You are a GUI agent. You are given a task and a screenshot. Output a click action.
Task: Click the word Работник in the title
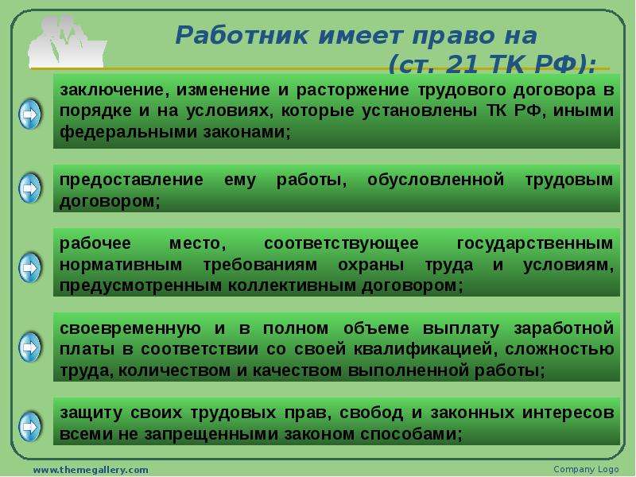(x=242, y=36)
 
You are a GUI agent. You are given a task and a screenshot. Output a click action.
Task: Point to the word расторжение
(x=352, y=90)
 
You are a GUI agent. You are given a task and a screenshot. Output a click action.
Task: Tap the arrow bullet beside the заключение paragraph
(x=30, y=114)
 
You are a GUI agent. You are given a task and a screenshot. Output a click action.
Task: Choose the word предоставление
(x=131, y=180)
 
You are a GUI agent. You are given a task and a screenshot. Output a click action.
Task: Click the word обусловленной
(x=436, y=180)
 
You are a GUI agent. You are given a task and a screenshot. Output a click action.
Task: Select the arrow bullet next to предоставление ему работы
(x=30, y=188)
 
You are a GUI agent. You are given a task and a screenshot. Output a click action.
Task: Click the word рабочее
(x=95, y=243)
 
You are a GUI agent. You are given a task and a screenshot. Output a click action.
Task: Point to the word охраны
(x=370, y=265)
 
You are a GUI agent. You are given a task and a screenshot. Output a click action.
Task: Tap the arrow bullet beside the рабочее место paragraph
(x=30, y=268)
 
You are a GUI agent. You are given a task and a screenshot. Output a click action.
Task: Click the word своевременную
(x=130, y=328)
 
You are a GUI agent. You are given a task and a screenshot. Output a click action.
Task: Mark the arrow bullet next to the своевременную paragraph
(x=30, y=347)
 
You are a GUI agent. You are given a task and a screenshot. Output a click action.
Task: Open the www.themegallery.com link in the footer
(x=91, y=470)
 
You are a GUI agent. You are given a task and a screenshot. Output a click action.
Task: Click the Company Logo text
(x=586, y=469)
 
